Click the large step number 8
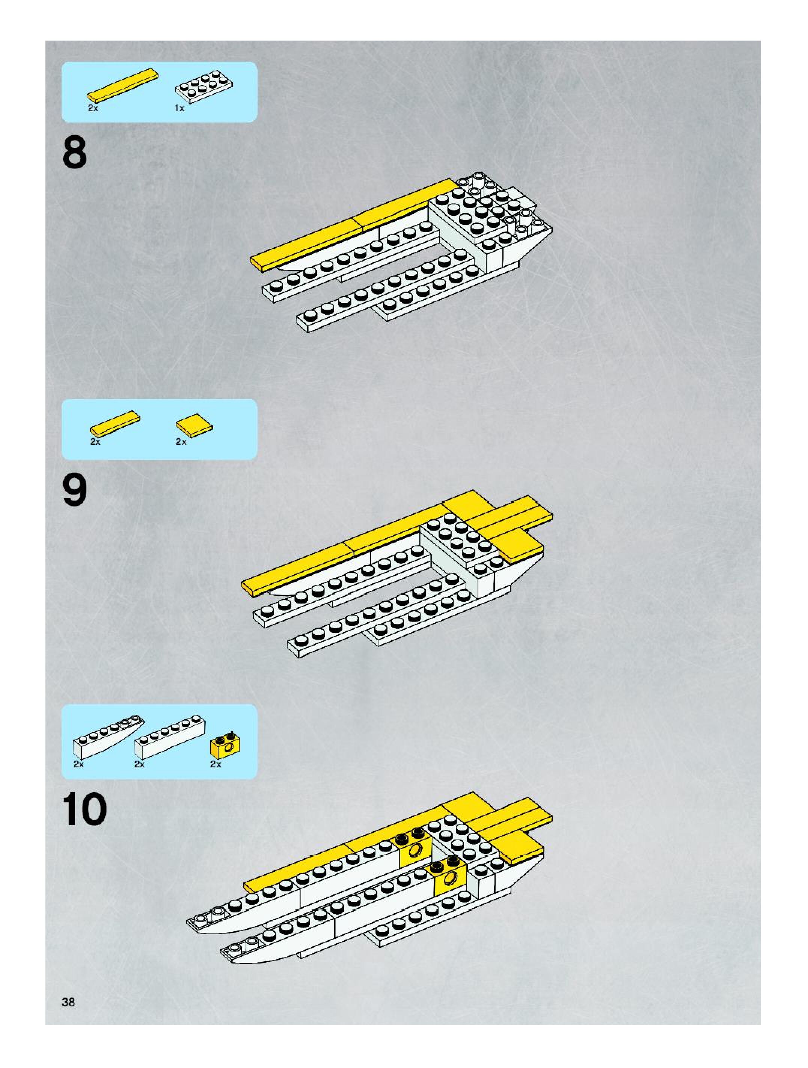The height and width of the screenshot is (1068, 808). pyautogui.click(x=75, y=153)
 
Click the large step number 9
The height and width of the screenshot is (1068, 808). pyautogui.click(x=75, y=490)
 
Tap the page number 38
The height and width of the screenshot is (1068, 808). pyautogui.click(x=68, y=1002)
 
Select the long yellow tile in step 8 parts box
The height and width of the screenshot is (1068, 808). pyautogui.click(x=123, y=85)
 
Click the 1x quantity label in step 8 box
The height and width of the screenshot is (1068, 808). pyautogui.click(x=179, y=109)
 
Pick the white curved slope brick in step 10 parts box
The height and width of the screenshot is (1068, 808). pyautogui.click(x=108, y=736)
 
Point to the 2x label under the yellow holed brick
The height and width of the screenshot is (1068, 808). pyautogui.click(x=216, y=764)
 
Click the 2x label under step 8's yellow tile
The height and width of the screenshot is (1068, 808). pyautogui.click(x=93, y=109)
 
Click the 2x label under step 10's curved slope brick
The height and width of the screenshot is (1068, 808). pyautogui.click(x=78, y=764)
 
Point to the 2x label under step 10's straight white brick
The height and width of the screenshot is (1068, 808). pyautogui.click(x=139, y=764)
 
